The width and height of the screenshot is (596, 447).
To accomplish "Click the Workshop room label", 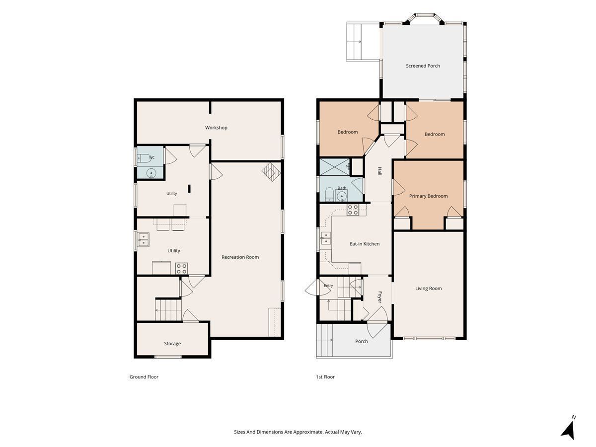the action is coord(216,128).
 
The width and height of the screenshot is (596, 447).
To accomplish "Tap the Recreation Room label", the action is coord(240,257).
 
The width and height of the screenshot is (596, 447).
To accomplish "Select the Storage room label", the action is coord(172,344).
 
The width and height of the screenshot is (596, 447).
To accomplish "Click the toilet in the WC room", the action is coord(144,158).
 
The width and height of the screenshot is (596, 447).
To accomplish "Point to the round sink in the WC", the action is coord(151,173).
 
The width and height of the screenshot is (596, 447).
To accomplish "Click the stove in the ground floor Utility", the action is coord(181,268).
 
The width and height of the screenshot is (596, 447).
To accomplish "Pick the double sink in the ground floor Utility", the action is coord(143,240).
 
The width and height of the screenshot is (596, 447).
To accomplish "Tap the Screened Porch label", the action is coord(423,66).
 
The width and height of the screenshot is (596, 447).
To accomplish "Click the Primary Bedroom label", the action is coord(428,196).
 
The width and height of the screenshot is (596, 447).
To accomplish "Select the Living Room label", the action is coord(428,289).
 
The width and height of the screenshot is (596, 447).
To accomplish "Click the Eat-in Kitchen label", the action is coord(365,244).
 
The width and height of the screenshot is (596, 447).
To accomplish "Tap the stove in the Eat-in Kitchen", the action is coord(353,210).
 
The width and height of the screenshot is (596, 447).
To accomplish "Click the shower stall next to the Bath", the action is coord(335,167).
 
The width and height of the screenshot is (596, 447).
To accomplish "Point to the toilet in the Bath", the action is coord(329,194).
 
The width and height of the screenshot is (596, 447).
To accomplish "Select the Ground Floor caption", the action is coord(144,376).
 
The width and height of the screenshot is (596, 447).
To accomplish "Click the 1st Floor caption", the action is coord(325,376).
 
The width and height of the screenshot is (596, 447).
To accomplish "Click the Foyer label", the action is coord(380,297).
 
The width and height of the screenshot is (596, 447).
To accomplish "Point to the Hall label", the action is coord(379,171).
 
